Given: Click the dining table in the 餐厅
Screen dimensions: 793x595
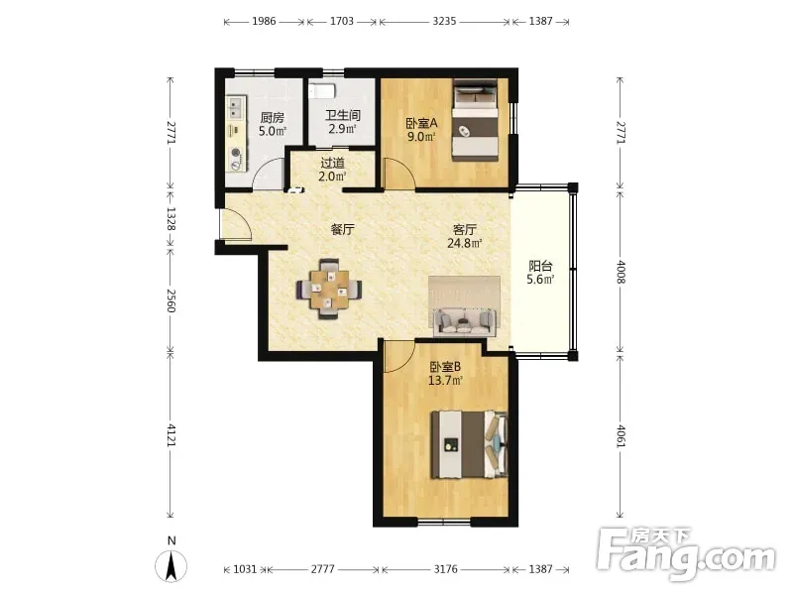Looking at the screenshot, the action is coord(329,289).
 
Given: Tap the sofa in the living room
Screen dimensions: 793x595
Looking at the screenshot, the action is coord(465,320).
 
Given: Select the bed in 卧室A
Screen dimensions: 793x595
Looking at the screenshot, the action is coord(475,120).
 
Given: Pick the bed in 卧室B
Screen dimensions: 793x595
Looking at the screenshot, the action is coord(469,444).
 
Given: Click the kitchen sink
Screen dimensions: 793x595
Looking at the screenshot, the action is coord(235,107).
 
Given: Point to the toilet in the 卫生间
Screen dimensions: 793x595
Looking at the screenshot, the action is coord(322,90).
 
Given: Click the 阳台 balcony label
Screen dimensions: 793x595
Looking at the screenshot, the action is coord(540,266).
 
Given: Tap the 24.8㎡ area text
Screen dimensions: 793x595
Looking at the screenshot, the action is coord(464,243).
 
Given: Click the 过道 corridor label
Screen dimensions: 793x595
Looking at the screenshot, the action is coord(333,163).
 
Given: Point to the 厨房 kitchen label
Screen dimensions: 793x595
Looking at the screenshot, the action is coord(272,118).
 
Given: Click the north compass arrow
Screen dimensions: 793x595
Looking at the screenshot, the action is coord(171,566).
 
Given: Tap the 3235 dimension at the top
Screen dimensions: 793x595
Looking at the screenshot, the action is coord(444,21).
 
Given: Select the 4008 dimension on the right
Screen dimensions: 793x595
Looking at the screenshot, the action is coord(622,272).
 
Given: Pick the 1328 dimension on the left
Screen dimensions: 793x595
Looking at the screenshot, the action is coord(170,219).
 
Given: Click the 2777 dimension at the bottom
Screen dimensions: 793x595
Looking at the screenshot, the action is coord(323,569).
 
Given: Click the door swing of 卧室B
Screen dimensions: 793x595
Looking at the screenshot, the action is coord(399,357).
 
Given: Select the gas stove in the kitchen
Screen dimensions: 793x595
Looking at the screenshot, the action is coord(235,159).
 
